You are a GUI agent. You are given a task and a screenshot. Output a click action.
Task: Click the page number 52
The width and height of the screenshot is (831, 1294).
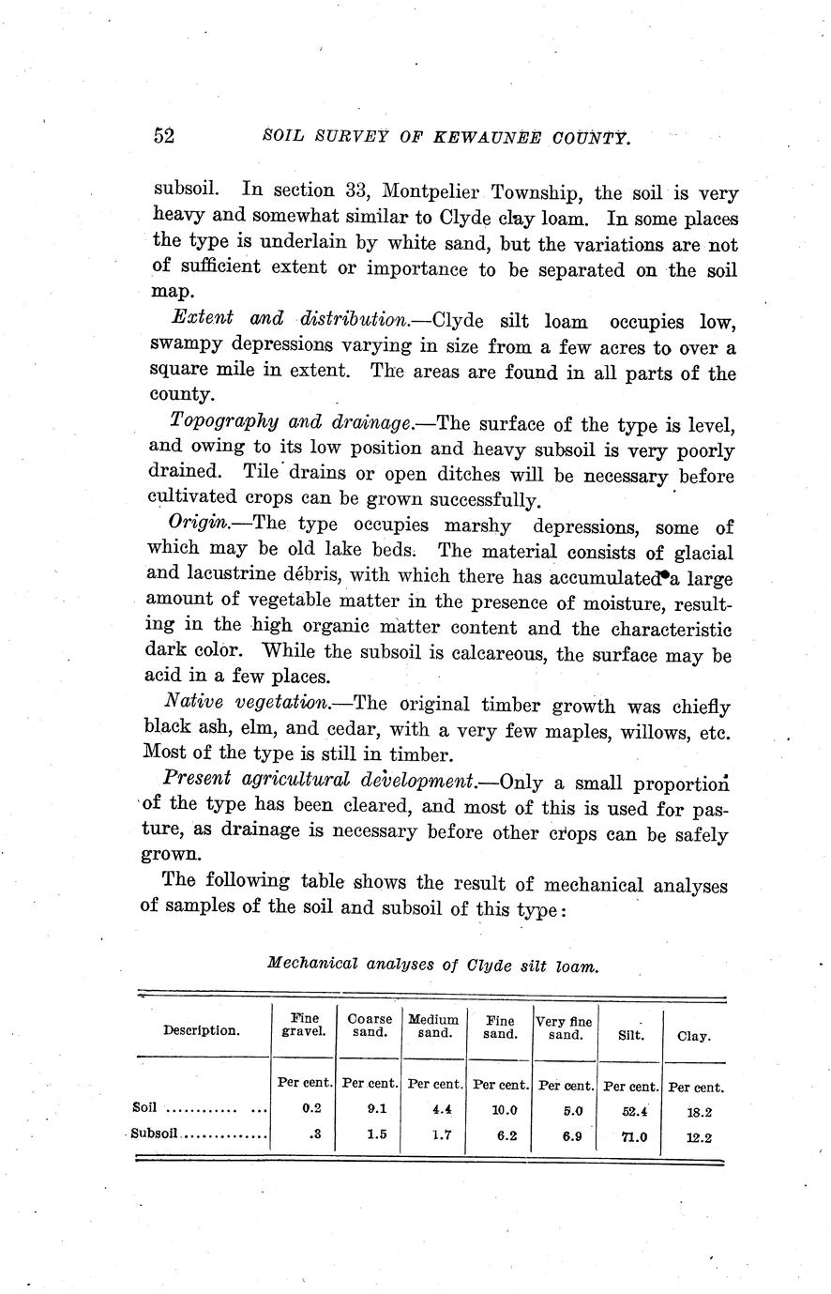(x=164, y=136)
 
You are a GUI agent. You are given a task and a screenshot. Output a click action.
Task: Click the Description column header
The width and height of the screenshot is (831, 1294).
(x=202, y=1029)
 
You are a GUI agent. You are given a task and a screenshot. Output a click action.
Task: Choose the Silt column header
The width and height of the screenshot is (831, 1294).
(x=629, y=1036)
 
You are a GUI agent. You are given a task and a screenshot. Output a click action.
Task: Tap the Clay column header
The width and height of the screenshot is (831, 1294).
(x=693, y=1036)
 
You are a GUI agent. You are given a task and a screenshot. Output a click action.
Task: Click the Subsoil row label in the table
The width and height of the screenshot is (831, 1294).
(x=155, y=1133)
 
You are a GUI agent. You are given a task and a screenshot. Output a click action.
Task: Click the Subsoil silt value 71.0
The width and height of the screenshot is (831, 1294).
(x=629, y=1136)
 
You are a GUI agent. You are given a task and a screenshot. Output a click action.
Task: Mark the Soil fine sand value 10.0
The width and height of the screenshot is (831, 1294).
(x=500, y=1108)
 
